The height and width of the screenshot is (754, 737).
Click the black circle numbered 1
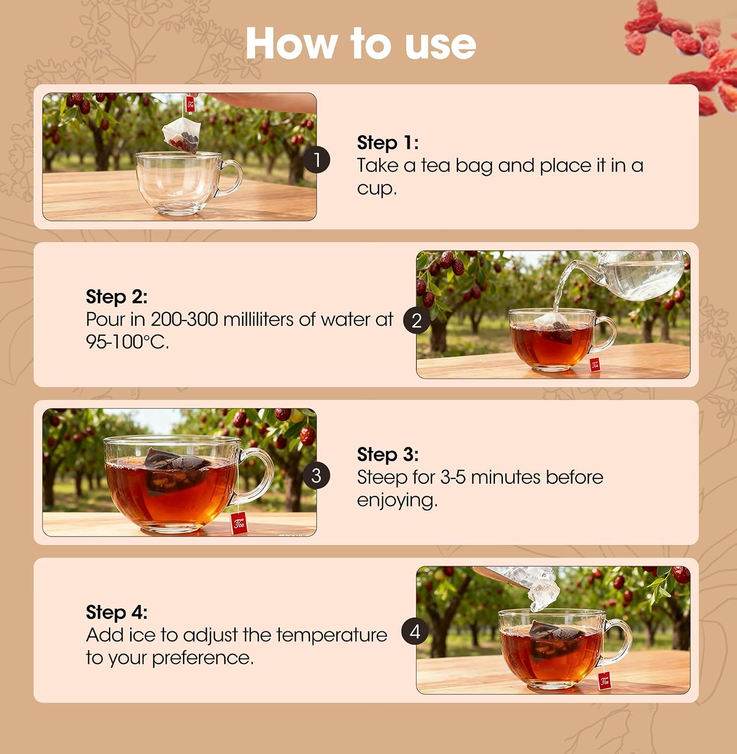(x=317, y=160)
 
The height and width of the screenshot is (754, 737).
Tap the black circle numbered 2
(x=416, y=321)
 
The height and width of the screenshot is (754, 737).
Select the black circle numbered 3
(x=317, y=476)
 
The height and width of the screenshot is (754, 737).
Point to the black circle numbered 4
(x=414, y=631)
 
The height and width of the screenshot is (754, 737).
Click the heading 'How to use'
(x=361, y=44)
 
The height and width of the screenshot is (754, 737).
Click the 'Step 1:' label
(x=387, y=143)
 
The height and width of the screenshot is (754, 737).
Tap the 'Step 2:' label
(x=117, y=297)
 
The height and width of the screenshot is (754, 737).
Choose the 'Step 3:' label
(x=387, y=454)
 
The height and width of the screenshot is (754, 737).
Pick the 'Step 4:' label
(x=117, y=612)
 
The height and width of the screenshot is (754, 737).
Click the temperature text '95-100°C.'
(x=127, y=342)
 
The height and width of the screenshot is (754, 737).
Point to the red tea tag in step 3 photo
(x=239, y=523)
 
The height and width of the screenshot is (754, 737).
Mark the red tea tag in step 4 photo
(x=604, y=681)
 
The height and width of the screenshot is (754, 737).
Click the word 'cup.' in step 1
(x=377, y=189)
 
